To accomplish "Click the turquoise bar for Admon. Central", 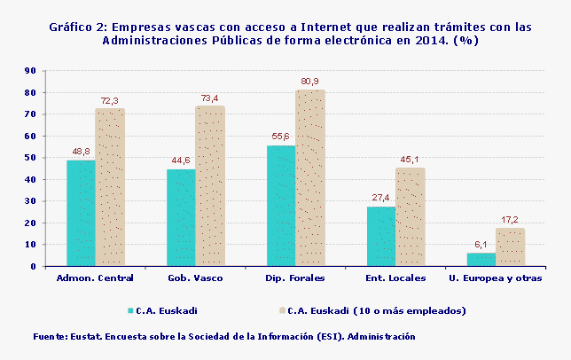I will click(x=81, y=213).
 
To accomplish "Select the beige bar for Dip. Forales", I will click(x=310, y=177).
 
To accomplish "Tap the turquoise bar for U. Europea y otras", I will click(x=481, y=259).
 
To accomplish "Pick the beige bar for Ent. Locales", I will click(x=411, y=216).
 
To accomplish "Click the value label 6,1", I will click(x=481, y=245).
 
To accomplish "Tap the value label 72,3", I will click(x=110, y=100).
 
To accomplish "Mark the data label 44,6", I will click(x=181, y=160).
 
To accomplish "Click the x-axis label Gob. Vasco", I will click(x=195, y=278).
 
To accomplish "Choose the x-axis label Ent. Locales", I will click(x=395, y=278).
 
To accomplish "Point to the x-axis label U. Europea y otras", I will click(x=496, y=278).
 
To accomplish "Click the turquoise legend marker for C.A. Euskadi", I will click(x=130, y=311).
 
